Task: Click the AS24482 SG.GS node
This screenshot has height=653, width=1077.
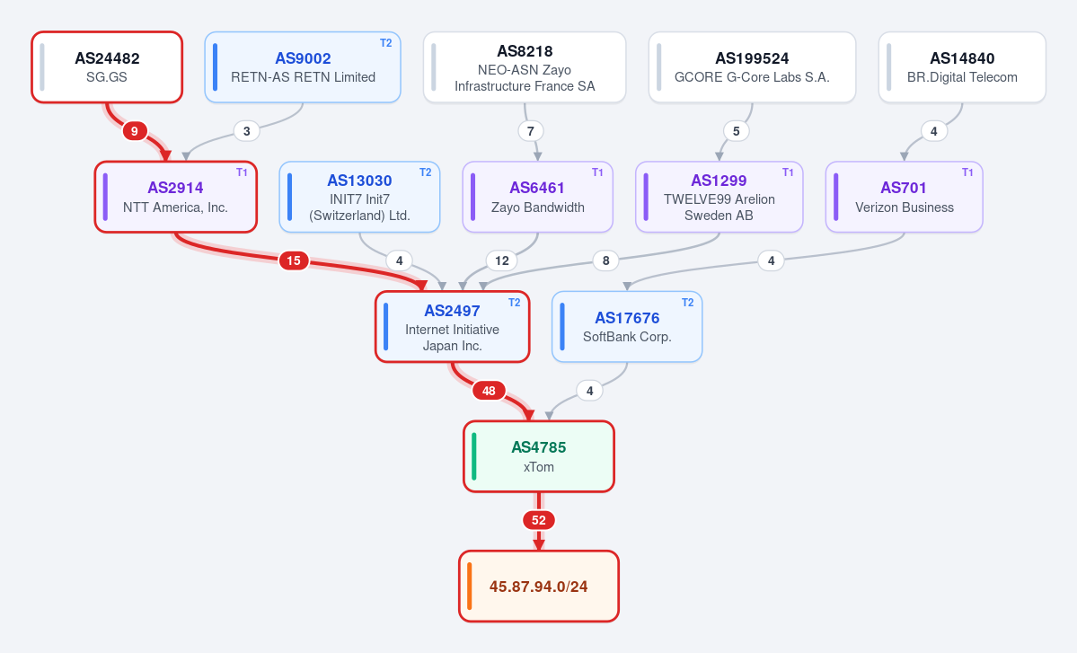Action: pyautogui.click(x=107, y=67)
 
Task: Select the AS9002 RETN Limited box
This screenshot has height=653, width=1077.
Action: pyautogui.click(x=303, y=67)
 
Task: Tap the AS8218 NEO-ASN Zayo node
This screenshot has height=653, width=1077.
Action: pyautogui.click(x=525, y=67)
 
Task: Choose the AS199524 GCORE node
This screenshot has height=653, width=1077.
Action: pyautogui.click(x=752, y=67)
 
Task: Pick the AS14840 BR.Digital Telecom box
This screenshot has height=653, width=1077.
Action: pyautogui.click(x=962, y=67)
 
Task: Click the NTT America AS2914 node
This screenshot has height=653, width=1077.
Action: pyautogui.click(x=176, y=197)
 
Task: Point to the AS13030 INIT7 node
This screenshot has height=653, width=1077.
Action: pyautogui.click(x=359, y=197)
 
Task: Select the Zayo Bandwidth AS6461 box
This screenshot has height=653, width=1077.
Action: pyautogui.click(x=538, y=197)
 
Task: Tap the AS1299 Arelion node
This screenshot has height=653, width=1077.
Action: pyautogui.click(x=719, y=197)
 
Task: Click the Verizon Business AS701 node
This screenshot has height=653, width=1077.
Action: pyautogui.click(x=904, y=197)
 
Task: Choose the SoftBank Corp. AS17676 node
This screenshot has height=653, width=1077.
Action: pyautogui.click(x=627, y=327)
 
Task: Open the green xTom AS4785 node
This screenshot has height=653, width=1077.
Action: pyautogui.click(x=539, y=456)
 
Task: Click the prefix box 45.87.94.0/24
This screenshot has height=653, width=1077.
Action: pyautogui.click(x=539, y=587)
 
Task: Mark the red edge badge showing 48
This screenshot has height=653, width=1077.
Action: pyautogui.click(x=489, y=391)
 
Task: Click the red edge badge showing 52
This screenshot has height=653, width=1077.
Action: pyautogui.click(x=539, y=520)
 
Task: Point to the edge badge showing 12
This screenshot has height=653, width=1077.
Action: pyautogui.click(x=502, y=260)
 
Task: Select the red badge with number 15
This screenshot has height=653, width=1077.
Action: pyautogui.click(x=294, y=260)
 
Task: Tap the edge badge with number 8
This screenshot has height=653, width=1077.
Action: pyautogui.click(x=605, y=260)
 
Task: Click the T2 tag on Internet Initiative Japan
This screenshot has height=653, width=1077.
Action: pyautogui.click(x=515, y=303)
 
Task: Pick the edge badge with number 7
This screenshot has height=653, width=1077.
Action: pyautogui.click(x=530, y=131)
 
